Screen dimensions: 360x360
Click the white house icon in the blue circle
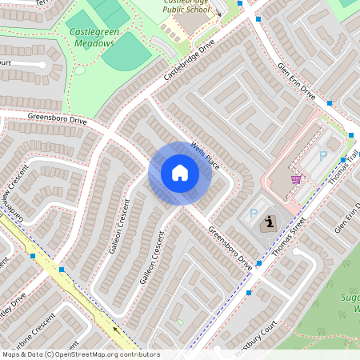click(180, 173)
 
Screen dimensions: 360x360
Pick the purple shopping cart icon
click(297, 179)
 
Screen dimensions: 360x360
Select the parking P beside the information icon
click(254, 214)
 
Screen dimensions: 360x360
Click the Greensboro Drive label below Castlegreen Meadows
click(57, 119)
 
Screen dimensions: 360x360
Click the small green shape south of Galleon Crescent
click(181, 322)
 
